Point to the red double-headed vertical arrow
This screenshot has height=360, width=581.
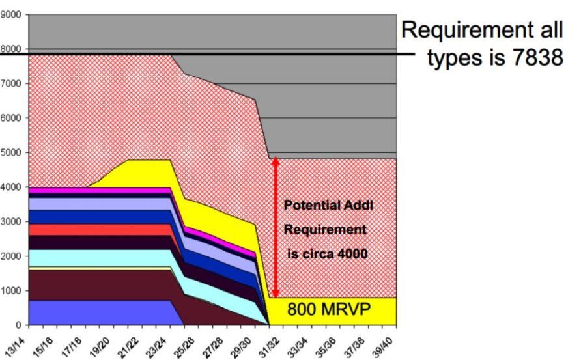(x=276, y=228)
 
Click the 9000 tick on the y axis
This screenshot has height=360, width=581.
(x=12, y=14)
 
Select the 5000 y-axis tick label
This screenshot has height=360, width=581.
(x=12, y=153)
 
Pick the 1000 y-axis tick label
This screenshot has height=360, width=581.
(x=12, y=291)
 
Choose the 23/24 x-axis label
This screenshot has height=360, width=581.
(x=157, y=341)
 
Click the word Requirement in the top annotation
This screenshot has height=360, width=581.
(x=466, y=29)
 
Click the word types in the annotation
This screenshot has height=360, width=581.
(x=456, y=57)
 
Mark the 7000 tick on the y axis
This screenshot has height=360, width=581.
(x=12, y=84)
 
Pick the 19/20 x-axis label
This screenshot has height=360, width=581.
(x=100, y=341)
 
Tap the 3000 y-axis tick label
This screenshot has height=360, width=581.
(x=12, y=222)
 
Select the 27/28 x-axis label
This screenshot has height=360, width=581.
(x=213, y=341)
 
